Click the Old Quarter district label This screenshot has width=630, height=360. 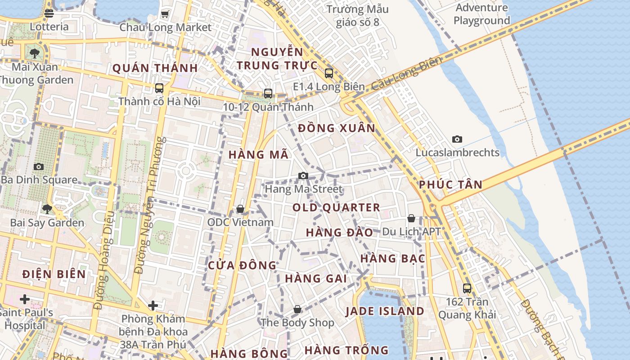[x=336, y=207]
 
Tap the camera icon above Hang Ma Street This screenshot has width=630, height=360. [x=303, y=175]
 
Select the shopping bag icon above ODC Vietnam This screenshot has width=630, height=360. [x=240, y=209]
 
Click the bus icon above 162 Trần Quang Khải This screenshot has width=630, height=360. [x=467, y=288]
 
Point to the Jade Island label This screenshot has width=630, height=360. [x=385, y=311]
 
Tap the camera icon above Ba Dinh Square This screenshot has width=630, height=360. [x=39, y=166]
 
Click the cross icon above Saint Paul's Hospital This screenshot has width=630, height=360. [x=25, y=299]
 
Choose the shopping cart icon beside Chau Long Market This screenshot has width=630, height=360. [x=165, y=14]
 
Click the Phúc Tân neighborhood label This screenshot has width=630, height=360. [x=450, y=184]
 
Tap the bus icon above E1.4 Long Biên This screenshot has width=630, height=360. [x=329, y=73]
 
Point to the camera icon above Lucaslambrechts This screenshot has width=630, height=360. [x=457, y=139]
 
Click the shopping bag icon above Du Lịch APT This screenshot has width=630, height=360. [x=411, y=218]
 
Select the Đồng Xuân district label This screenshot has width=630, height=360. [x=337, y=128]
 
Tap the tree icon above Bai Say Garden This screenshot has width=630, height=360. [x=47, y=209]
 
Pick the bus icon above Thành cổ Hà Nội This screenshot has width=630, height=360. [x=159, y=88]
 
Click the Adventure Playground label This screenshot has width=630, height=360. [x=481, y=14]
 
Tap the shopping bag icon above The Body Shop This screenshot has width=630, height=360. [x=297, y=309]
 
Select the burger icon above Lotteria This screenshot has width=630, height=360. [x=49, y=13]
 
